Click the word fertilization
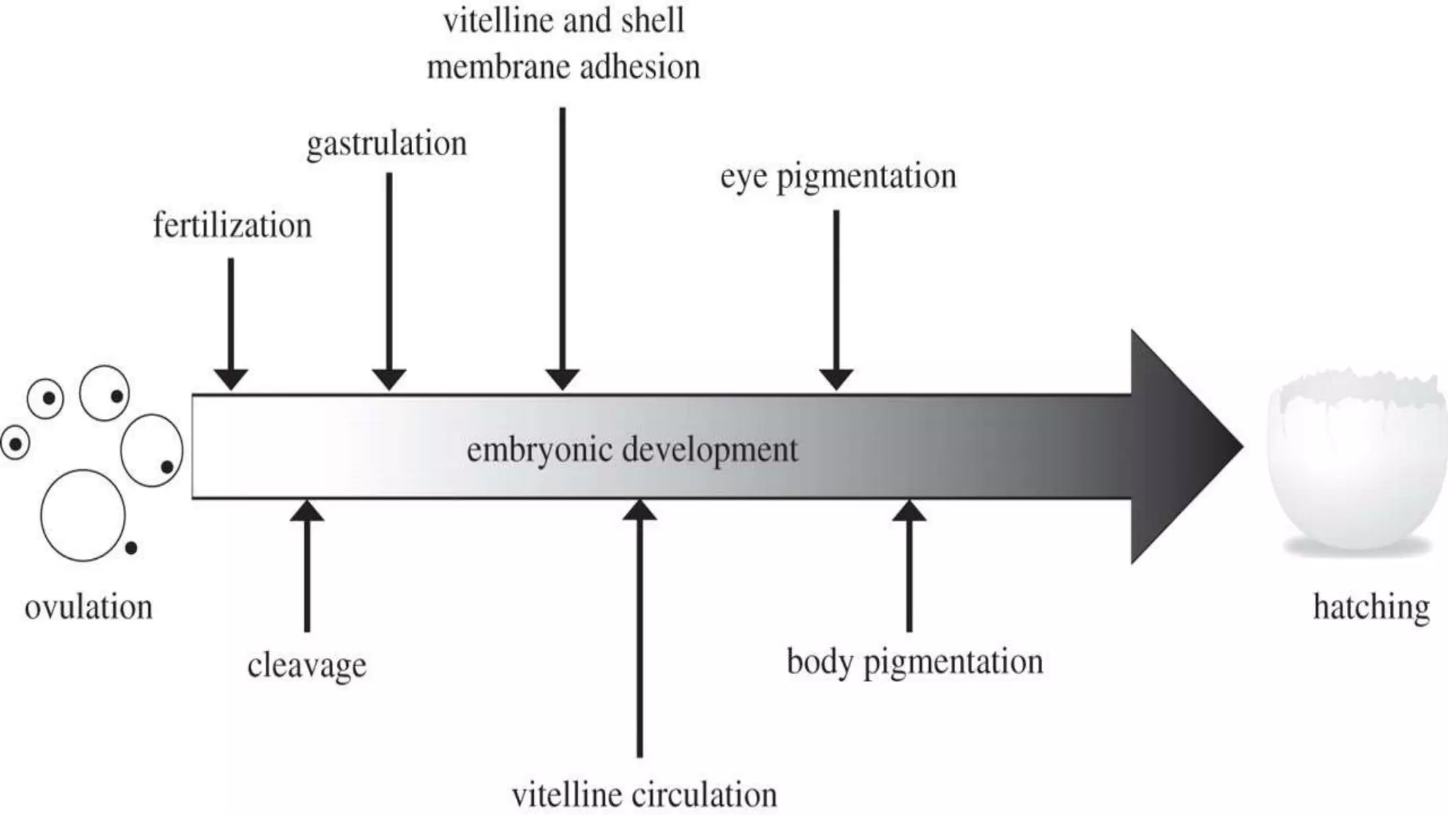point(232,226)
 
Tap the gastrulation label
point(386,144)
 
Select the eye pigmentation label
point(838,176)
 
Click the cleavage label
point(307,665)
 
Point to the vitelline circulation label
point(644,795)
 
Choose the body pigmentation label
point(915,662)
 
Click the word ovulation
point(88,608)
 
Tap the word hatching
point(1371,608)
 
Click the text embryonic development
point(632,450)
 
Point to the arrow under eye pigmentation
point(836,297)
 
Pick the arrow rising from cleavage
point(307,566)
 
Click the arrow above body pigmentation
point(909,566)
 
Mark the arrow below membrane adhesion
point(563,248)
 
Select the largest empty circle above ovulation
point(83,515)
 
